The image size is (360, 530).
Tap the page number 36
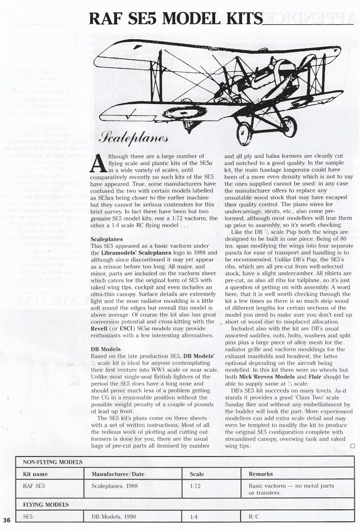(x=6, y=520)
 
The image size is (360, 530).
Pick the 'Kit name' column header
(x=36, y=473)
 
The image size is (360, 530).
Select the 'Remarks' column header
(x=261, y=473)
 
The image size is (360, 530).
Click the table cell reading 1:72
(x=196, y=486)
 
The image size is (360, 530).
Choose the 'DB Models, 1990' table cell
(x=114, y=516)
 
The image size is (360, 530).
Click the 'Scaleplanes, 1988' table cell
(x=116, y=486)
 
